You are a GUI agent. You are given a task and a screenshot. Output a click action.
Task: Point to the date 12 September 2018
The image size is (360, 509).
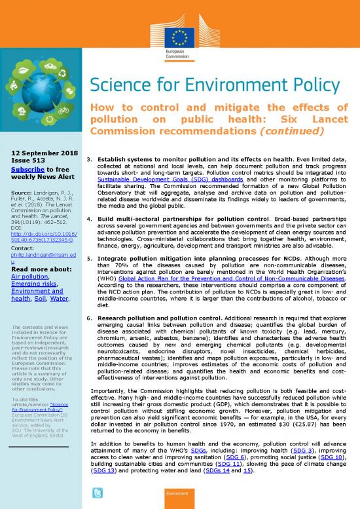tap(41, 152)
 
